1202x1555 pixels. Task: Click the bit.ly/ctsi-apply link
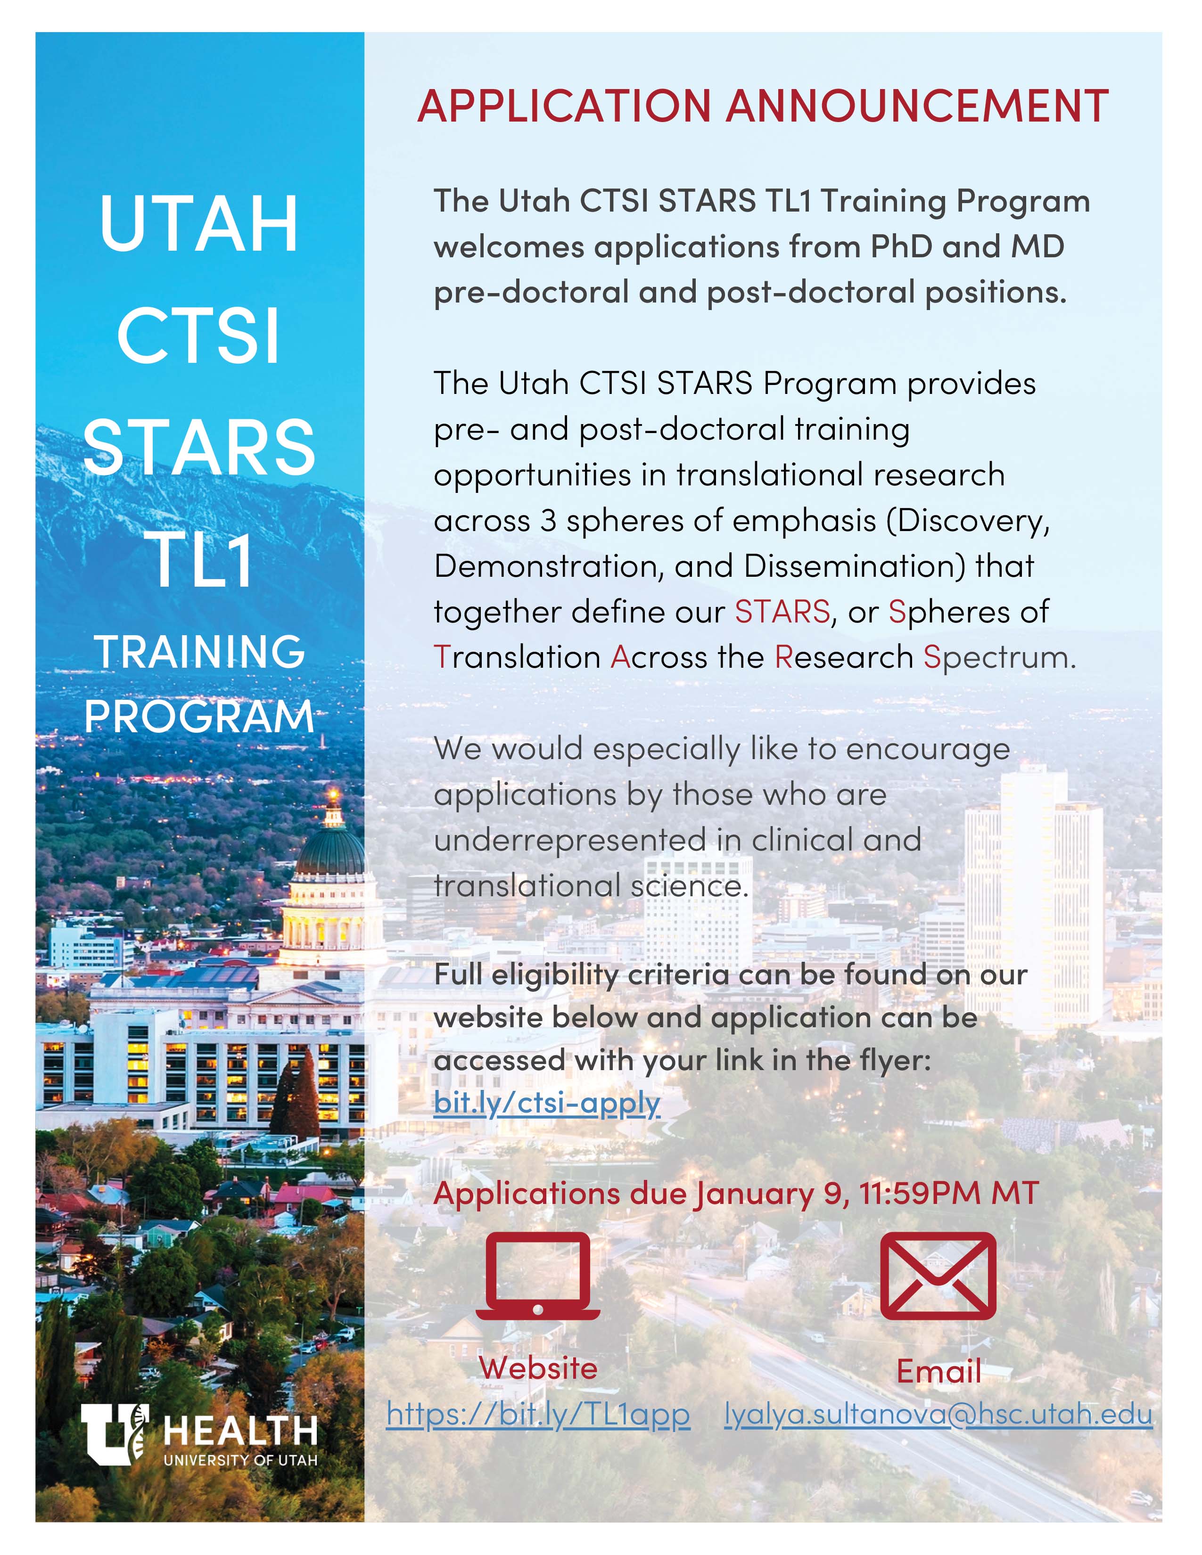(x=547, y=1103)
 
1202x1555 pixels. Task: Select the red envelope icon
(x=938, y=1276)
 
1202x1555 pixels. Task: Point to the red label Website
(x=538, y=1368)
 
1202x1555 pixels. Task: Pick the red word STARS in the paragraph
(x=782, y=612)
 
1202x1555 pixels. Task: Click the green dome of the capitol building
(x=329, y=852)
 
